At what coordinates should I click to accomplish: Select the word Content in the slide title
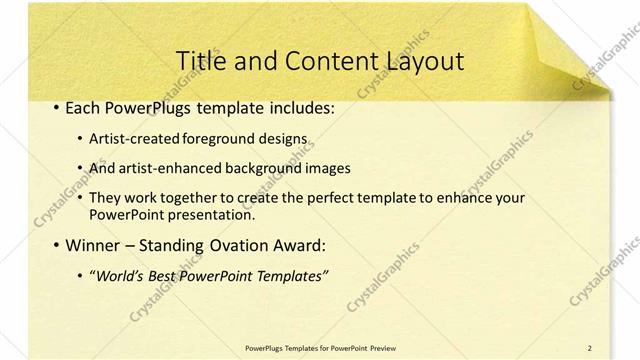click(x=325, y=61)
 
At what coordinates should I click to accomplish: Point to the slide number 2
click(x=589, y=347)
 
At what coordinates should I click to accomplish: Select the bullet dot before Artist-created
click(x=81, y=139)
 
